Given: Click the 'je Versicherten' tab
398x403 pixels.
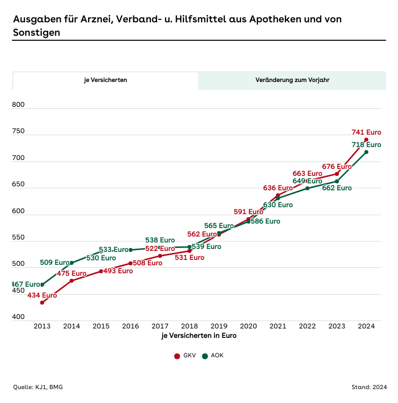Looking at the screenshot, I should pyautogui.click(x=105, y=80).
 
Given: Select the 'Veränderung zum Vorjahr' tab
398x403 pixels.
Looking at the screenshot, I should pyautogui.click(x=292, y=80).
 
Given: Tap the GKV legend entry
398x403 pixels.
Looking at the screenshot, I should pyautogui.click(x=186, y=356).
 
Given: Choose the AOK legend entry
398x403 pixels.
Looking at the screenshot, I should pyautogui.click(x=213, y=356).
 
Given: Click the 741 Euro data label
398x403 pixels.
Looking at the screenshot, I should pyautogui.click(x=366, y=132).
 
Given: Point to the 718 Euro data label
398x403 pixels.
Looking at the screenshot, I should pyautogui.click(x=366, y=145).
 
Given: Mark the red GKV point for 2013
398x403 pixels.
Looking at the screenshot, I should pyautogui.click(x=42, y=303).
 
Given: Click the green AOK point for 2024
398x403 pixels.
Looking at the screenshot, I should pyautogui.click(x=367, y=152).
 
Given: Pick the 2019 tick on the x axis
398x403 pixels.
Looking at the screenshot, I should pyautogui.click(x=219, y=326).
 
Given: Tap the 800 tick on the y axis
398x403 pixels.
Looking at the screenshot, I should pyautogui.click(x=18, y=105).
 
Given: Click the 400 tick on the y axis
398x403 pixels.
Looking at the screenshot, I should pyautogui.click(x=18, y=317).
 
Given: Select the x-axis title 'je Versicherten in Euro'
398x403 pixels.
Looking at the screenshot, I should pyautogui.click(x=199, y=335).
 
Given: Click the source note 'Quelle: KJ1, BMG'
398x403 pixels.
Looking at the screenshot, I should pyautogui.click(x=38, y=387).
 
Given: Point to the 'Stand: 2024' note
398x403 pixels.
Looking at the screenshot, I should pyautogui.click(x=368, y=387).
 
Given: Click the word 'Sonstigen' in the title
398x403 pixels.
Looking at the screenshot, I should pyautogui.click(x=36, y=33).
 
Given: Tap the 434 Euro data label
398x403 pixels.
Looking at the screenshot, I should pyautogui.click(x=42, y=295).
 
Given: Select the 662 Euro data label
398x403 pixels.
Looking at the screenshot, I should pyautogui.click(x=337, y=188).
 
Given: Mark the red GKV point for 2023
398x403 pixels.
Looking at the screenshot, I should pyautogui.click(x=337, y=174).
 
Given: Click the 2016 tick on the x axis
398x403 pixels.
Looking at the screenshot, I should pyautogui.click(x=130, y=326).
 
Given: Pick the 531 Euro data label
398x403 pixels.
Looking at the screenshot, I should pyautogui.click(x=190, y=257).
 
